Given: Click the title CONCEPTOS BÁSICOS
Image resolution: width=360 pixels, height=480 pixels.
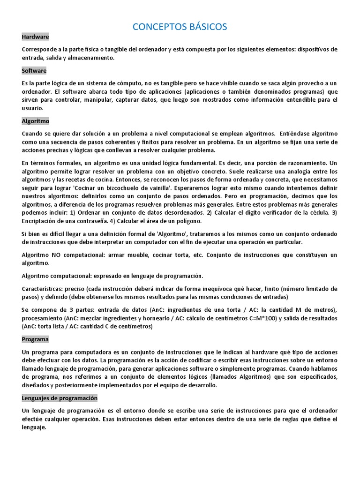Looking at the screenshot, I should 180,27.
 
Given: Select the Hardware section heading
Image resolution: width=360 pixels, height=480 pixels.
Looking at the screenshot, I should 35,37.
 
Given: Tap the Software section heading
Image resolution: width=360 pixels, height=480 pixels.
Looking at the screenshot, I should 34,71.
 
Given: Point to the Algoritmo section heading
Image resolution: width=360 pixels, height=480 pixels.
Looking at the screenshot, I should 36,121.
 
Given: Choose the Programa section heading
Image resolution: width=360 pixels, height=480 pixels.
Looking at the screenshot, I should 35,339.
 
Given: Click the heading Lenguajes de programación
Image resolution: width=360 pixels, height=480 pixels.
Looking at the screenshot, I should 60,398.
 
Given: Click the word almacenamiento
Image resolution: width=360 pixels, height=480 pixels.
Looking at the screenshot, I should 91,58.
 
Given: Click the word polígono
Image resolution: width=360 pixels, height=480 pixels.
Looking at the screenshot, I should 188,221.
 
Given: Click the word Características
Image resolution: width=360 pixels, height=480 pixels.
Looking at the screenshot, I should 42,288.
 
